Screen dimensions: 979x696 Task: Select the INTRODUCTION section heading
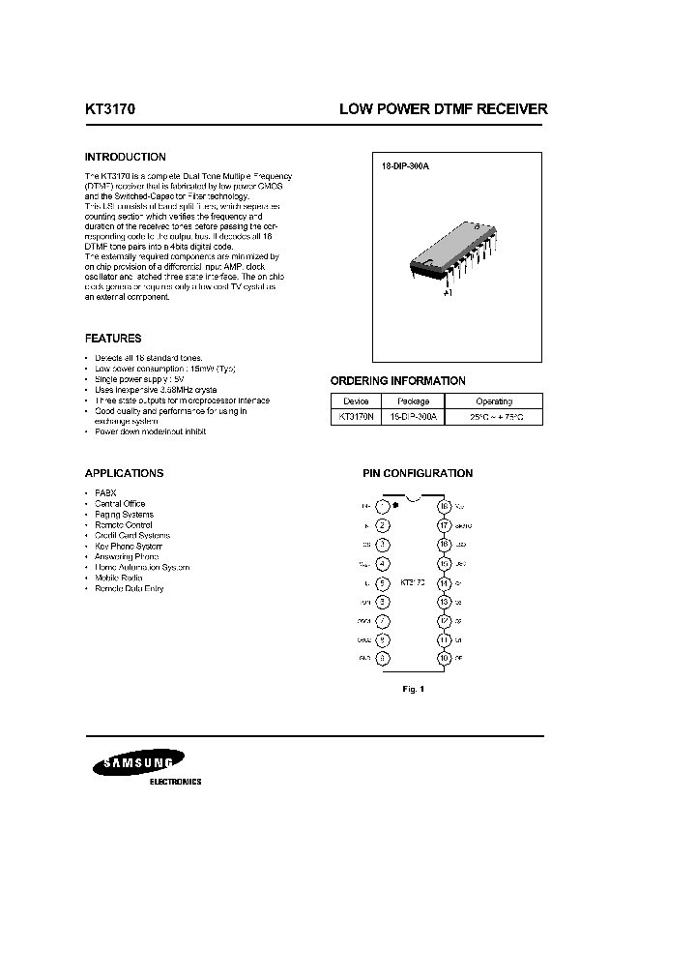click(126, 157)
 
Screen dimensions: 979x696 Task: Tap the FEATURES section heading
click(113, 339)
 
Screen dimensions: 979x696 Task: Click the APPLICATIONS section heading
click(124, 473)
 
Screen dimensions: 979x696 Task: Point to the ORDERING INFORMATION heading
click(398, 380)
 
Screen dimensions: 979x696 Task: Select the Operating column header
click(493, 400)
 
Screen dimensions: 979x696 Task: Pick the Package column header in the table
click(412, 400)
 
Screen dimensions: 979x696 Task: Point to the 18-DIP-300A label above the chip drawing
click(405, 166)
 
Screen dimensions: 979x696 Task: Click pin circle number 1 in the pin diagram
click(384, 506)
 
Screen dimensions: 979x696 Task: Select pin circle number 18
click(444, 506)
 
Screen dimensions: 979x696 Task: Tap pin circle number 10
click(444, 659)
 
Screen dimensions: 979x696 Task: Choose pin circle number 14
click(444, 583)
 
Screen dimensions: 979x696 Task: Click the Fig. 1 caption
click(413, 689)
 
